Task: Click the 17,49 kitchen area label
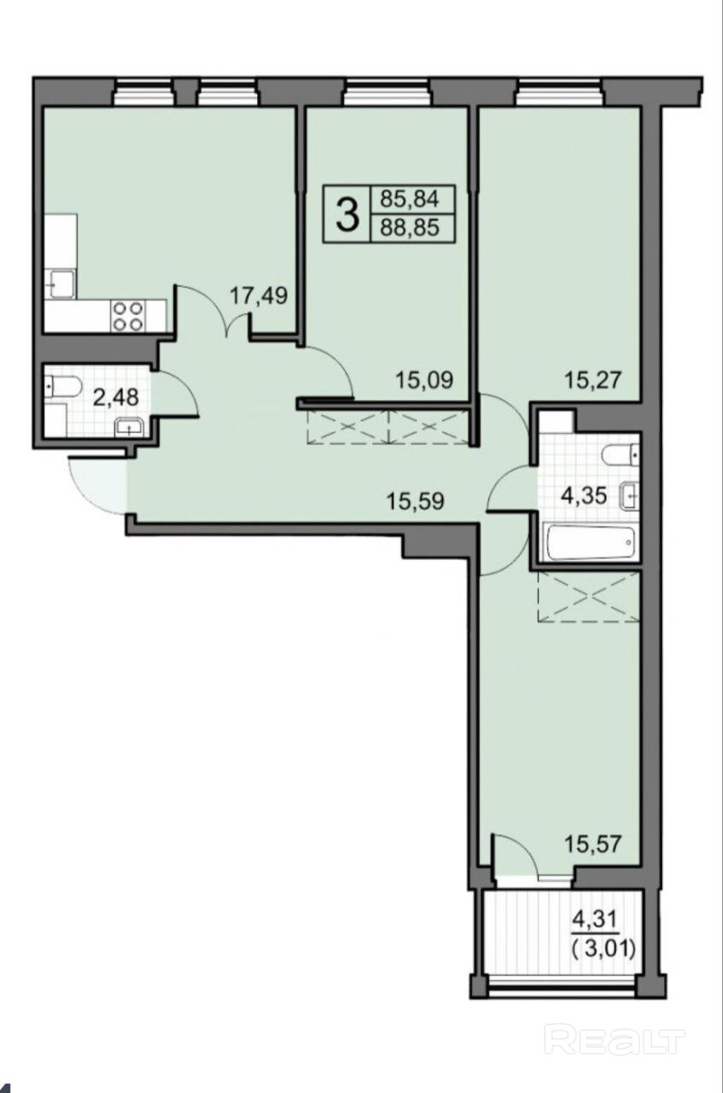(259, 295)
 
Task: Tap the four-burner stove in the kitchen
(128, 316)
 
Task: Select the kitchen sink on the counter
(61, 283)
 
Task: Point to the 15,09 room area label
(424, 379)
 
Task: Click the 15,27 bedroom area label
(593, 379)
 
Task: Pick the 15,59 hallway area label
(415, 501)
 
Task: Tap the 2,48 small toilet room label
(116, 398)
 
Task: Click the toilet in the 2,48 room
(63, 387)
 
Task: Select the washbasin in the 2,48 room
(129, 428)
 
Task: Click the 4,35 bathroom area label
(584, 496)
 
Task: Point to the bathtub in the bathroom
(592, 542)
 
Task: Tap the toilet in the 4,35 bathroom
(620, 455)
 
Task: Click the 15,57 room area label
(593, 844)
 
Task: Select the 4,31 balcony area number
(594, 920)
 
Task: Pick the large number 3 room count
(347, 213)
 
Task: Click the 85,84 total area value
(410, 199)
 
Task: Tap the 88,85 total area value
(410, 227)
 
